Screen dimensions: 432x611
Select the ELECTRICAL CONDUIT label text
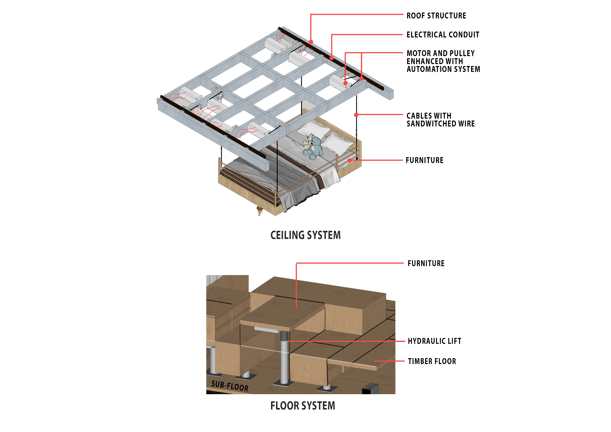point(443,35)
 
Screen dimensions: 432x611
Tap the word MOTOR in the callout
point(419,53)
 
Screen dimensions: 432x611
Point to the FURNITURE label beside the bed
point(424,160)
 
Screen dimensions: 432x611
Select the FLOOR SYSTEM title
point(303,406)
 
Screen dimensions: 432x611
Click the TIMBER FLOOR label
point(432,361)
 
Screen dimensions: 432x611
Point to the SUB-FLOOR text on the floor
point(230,386)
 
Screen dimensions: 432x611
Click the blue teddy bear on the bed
point(314,148)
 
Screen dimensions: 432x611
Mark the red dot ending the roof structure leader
point(311,42)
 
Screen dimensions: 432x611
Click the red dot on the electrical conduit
point(332,58)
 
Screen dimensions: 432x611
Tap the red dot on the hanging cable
point(356,115)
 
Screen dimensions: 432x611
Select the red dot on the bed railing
point(349,160)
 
